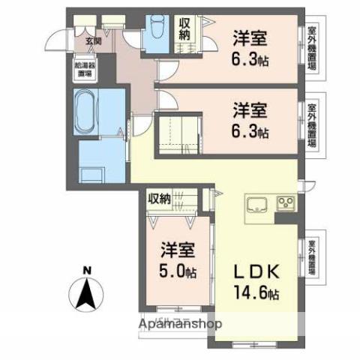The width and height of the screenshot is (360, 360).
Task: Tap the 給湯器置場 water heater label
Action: point(84,70)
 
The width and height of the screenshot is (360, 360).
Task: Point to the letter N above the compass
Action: point(87,271)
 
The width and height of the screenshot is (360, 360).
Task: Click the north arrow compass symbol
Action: point(87,294)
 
